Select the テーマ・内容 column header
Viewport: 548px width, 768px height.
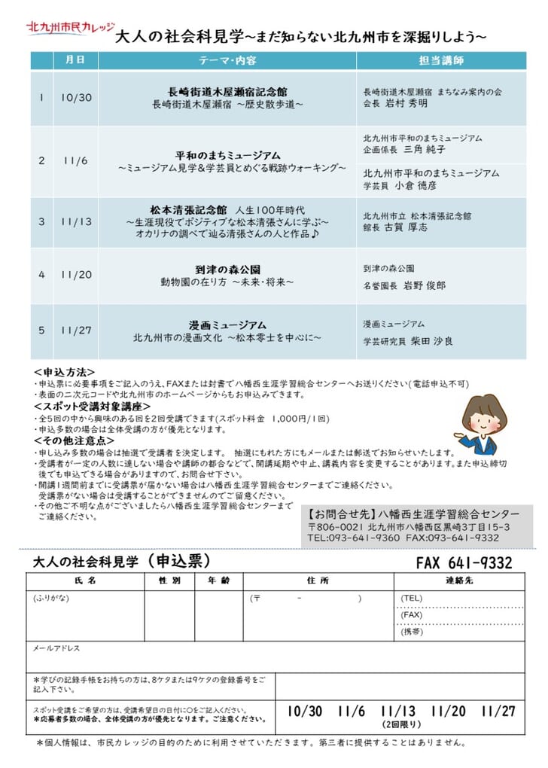point(227,59)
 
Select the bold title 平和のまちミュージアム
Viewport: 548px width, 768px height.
point(227,154)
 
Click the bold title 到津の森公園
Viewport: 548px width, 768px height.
point(227,269)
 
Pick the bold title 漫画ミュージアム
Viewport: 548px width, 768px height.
point(227,325)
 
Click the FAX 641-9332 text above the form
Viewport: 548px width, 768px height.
point(464,563)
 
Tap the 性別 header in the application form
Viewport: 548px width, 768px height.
point(169,581)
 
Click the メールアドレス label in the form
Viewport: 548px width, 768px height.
point(56,648)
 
